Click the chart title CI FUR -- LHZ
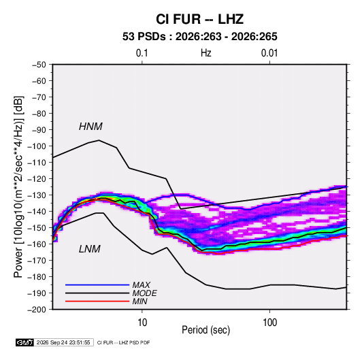click(x=199, y=19)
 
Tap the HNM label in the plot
click(x=90, y=127)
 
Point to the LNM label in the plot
click(x=90, y=249)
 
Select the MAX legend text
click(x=141, y=284)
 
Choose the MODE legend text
click(x=144, y=293)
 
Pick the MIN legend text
click(x=139, y=301)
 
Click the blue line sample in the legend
click(x=97, y=284)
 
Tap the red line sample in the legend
click(x=97, y=301)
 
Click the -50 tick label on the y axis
click(x=39, y=65)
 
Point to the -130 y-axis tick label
click(x=37, y=195)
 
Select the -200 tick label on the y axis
click(x=37, y=310)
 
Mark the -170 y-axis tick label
click(x=37, y=261)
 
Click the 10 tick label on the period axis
click(x=142, y=323)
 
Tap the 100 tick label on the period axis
click(x=269, y=323)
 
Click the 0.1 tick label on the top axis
click(x=142, y=53)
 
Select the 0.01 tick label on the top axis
click(x=269, y=53)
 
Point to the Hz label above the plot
click(x=206, y=53)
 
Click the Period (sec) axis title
click(x=206, y=330)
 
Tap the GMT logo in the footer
click(x=25, y=342)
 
